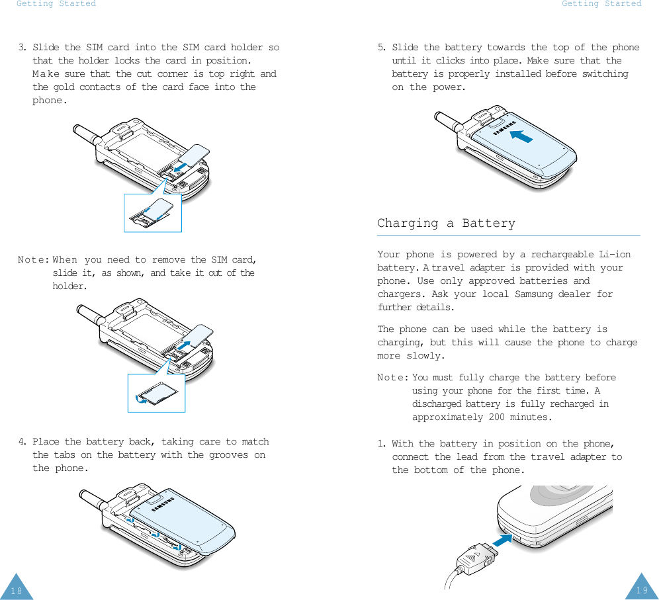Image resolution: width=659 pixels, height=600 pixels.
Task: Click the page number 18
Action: (16, 591)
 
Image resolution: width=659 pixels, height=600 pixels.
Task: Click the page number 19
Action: (642, 590)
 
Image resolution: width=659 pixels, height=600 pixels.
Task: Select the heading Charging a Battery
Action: (446, 223)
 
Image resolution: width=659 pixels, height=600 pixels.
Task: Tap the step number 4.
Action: (22, 442)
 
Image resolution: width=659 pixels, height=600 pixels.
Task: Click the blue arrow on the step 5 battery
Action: (521, 136)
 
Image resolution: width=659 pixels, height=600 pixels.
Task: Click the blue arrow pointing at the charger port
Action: (503, 540)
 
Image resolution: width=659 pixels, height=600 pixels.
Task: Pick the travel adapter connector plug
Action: (478, 559)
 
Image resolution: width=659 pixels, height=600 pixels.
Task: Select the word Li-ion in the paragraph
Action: (615, 254)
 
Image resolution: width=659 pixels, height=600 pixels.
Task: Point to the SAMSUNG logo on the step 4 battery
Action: (163, 504)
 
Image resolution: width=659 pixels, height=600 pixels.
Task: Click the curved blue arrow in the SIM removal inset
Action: (141, 400)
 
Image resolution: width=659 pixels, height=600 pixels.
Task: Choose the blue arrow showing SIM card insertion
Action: (181, 167)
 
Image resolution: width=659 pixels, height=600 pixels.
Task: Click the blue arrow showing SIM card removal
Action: (184, 345)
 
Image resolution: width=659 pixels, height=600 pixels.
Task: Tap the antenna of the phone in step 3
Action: (87, 134)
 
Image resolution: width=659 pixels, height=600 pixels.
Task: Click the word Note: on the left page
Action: (34, 260)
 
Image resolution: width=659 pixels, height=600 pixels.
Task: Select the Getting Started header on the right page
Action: (601, 4)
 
